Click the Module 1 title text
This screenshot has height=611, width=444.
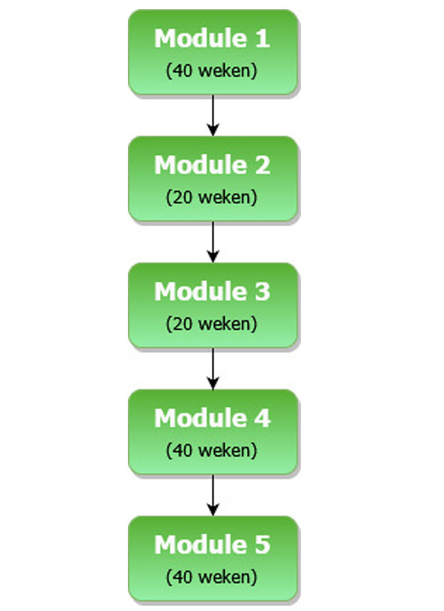212,38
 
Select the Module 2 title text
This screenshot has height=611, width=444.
212,165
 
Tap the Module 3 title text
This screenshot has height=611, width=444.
212,292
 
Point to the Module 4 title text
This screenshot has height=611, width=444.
212,418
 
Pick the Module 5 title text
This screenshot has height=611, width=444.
212,545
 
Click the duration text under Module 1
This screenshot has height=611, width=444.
212,71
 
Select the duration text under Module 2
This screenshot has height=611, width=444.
212,197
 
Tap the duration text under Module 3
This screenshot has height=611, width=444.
212,324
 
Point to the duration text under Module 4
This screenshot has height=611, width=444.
212,451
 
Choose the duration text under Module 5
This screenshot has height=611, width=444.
212,577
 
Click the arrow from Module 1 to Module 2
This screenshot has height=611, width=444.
212,115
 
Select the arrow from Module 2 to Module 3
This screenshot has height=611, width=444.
212,242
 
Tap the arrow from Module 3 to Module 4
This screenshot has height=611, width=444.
212,369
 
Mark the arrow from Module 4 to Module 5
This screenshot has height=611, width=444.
212,496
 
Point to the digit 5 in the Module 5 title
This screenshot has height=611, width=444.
263,545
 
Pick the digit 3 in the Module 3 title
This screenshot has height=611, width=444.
263,292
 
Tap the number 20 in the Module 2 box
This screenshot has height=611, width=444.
182,197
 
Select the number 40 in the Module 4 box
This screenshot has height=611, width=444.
182,451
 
